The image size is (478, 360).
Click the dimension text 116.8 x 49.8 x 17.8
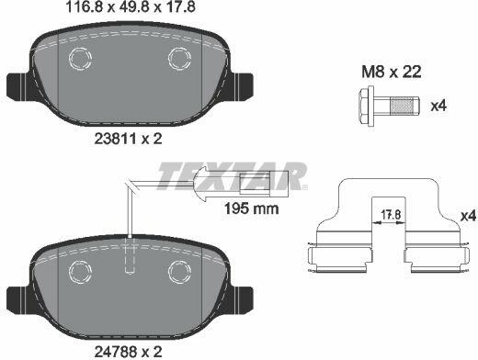pyautogui.click(x=131, y=7)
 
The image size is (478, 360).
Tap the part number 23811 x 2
pyautogui.click(x=128, y=140)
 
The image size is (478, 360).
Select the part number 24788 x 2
pyautogui.click(x=128, y=352)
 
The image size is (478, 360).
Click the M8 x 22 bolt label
pyautogui.click(x=392, y=73)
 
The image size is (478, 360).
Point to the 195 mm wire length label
pyautogui.click(x=252, y=208)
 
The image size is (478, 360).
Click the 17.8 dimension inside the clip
pyautogui.click(x=391, y=215)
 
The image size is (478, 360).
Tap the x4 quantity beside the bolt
pyautogui.click(x=438, y=106)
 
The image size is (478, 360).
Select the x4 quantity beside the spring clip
pyautogui.click(x=468, y=216)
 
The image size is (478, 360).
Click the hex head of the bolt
pyautogui.click(x=366, y=106)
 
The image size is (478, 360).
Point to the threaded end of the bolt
pyautogui.click(x=404, y=106)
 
